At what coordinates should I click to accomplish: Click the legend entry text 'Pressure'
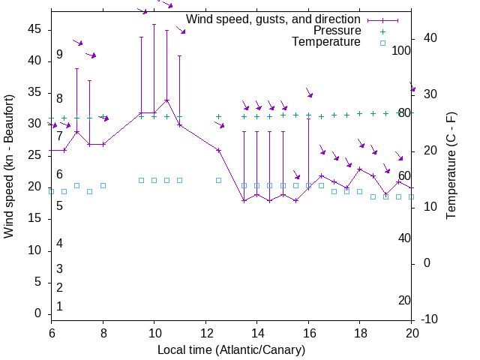(x=337, y=31)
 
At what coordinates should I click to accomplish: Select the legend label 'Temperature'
(x=326, y=42)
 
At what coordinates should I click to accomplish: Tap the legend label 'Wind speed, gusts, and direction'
(x=273, y=19)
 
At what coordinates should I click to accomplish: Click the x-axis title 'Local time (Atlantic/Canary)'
(x=231, y=350)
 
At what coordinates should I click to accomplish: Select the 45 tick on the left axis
(x=36, y=28)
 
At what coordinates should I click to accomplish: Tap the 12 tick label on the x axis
(x=205, y=333)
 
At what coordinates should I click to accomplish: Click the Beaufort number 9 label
(x=59, y=55)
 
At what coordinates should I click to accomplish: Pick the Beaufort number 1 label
(x=59, y=306)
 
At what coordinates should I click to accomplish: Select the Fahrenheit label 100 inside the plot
(x=402, y=50)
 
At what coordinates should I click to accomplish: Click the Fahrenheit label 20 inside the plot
(x=404, y=300)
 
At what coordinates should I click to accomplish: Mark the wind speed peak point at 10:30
(x=166, y=100)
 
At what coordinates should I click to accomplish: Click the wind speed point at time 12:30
(x=218, y=150)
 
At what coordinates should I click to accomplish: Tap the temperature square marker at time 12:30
(x=218, y=180)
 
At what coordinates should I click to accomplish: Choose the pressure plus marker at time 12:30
(x=218, y=117)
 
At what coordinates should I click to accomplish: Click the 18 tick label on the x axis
(x=360, y=333)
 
